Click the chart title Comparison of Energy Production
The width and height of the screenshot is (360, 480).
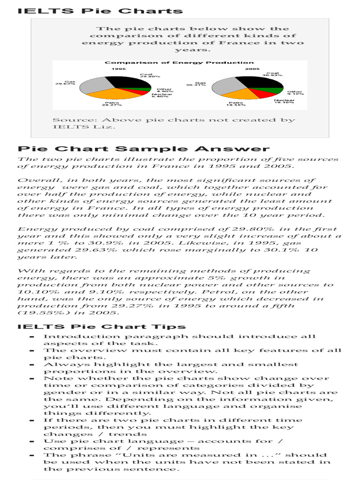(179, 62)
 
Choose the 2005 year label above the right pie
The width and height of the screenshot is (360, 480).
(252, 69)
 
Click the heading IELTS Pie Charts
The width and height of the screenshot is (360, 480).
(100, 11)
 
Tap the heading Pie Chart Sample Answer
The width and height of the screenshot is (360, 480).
(143, 149)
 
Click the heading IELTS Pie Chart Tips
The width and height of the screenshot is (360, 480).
(101, 327)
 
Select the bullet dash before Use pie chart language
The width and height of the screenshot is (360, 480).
(31, 442)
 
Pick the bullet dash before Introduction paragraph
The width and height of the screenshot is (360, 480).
(31, 337)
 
